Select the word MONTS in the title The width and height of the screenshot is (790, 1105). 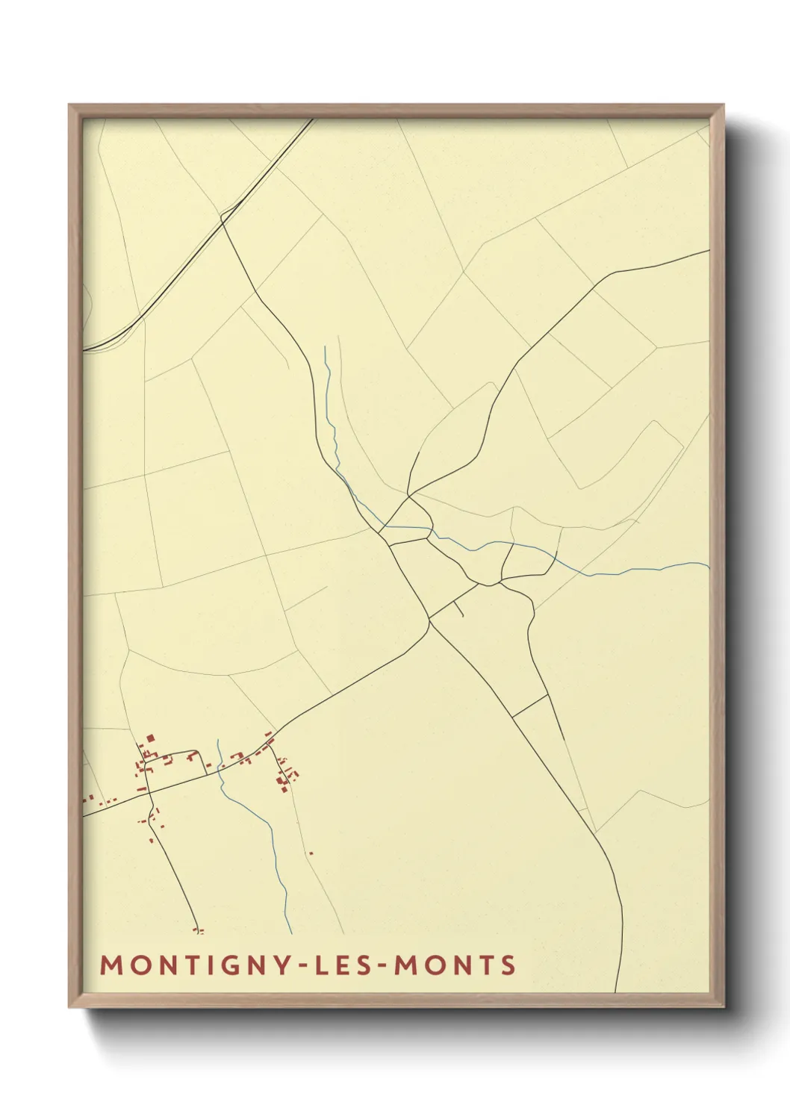(x=455, y=965)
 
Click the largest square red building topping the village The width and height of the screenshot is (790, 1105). (x=150, y=738)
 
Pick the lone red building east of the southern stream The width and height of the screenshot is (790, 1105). (x=311, y=853)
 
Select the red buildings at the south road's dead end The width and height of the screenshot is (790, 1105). (x=199, y=930)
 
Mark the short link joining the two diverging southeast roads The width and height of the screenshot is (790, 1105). (x=531, y=706)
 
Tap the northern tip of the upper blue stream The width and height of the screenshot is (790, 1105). (x=326, y=347)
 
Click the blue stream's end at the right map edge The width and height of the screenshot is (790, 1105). (x=707, y=564)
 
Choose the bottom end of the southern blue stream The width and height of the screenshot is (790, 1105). (x=290, y=933)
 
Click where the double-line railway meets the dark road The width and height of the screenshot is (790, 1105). (x=223, y=217)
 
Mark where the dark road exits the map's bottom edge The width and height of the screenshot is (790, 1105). (x=615, y=992)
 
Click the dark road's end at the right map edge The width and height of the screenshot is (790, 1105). (x=707, y=251)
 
